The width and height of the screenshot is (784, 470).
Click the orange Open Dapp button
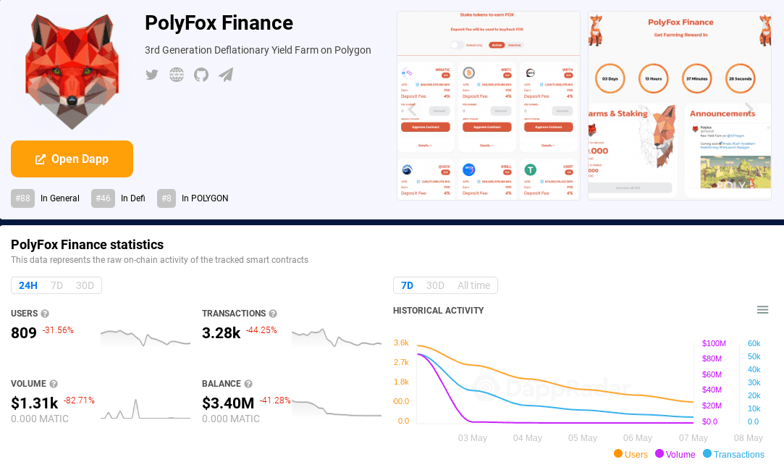(72, 159)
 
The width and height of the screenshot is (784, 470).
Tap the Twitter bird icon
(152, 75)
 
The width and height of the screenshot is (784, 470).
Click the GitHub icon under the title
(201, 75)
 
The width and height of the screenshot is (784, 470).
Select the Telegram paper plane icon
(226, 75)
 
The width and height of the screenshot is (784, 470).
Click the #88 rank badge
(23, 198)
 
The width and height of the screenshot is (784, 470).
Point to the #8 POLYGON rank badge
(167, 198)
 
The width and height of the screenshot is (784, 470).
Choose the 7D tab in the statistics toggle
(56, 285)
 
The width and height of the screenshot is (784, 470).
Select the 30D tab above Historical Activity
(435, 285)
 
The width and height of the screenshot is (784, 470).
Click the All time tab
(473, 285)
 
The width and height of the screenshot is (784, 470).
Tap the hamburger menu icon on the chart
(762, 310)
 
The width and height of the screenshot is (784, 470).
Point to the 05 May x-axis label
(583, 438)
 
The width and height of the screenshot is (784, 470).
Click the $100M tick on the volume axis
(714, 343)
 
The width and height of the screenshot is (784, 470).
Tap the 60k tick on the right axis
(754, 343)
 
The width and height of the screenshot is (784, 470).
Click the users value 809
(24, 333)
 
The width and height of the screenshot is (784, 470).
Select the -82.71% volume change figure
(79, 400)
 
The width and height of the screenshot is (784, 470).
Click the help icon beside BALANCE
(248, 384)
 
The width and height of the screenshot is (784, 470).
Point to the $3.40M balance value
(228, 403)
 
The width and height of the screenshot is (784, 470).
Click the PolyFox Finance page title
(219, 23)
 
